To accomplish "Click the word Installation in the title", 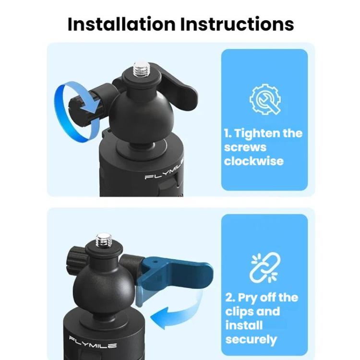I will click(121, 24).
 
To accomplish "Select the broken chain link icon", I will click(264, 268).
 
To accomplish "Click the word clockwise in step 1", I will click(253, 161).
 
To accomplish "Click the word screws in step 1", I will click(245, 147).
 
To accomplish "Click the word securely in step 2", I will click(251, 340).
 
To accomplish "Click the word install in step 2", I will click(243, 325).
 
